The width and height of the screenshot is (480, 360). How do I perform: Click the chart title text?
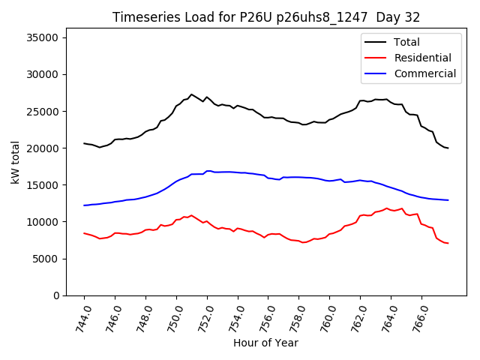266,17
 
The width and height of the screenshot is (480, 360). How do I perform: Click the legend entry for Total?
406,42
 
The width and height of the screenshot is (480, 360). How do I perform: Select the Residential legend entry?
422,58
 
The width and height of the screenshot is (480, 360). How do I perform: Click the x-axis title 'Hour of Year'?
265,343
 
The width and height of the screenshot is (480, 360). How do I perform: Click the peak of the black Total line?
191,94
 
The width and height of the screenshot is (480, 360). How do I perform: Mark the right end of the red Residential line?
448,243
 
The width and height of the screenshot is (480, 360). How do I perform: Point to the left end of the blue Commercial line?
84,205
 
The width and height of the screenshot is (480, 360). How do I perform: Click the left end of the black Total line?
84,143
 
